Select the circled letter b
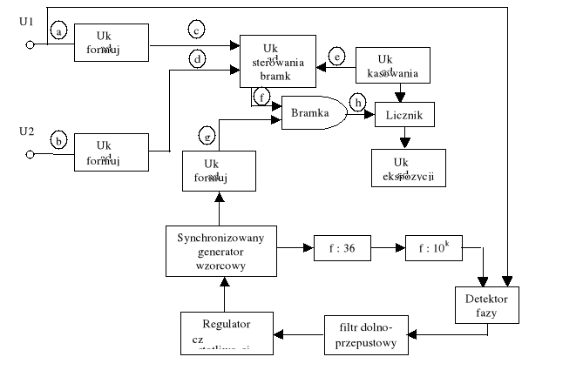59,138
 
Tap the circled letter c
197,30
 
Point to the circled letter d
198,59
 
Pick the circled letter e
339,57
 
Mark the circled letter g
207,136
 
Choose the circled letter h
357,102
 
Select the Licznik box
403,115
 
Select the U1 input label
26,20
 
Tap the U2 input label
27,131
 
